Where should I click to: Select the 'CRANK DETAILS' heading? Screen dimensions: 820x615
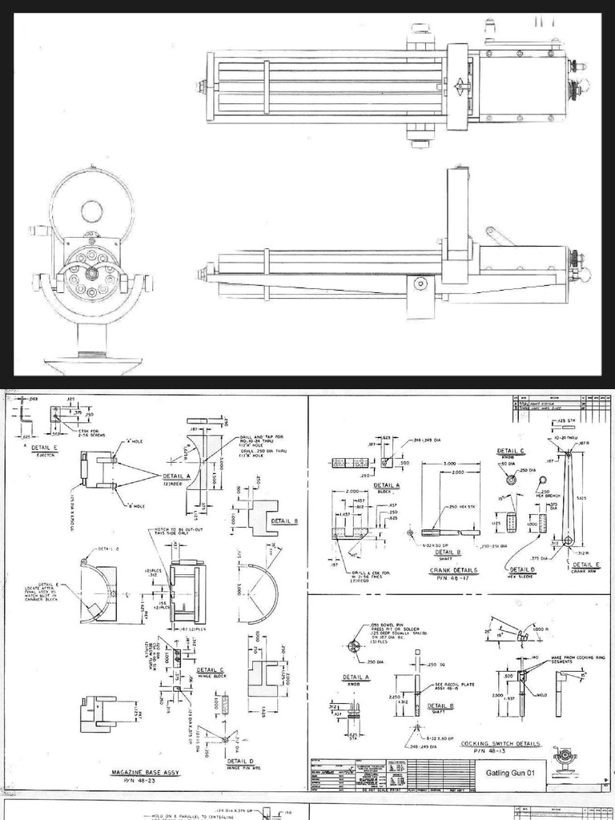coord(453,570)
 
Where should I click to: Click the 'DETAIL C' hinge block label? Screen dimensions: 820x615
coord(210,670)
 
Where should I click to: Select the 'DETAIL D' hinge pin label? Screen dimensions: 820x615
coord(240,761)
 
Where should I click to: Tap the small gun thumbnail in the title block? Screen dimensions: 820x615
coord(565,758)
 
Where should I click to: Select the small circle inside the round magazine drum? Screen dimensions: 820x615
coord(91,211)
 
